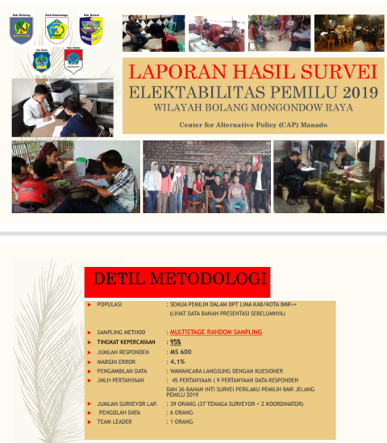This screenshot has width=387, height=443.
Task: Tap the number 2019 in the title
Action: coord(355,92)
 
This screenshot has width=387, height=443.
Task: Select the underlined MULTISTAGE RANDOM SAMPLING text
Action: coord(215,332)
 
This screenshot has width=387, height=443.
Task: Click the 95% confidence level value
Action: coord(175,342)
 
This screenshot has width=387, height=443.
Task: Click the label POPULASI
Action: coord(110,305)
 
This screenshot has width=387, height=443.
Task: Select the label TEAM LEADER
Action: coord(115,420)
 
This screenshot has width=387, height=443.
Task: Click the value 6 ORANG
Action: coord(183,412)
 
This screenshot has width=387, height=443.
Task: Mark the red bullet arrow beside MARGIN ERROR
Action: coord(89,362)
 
